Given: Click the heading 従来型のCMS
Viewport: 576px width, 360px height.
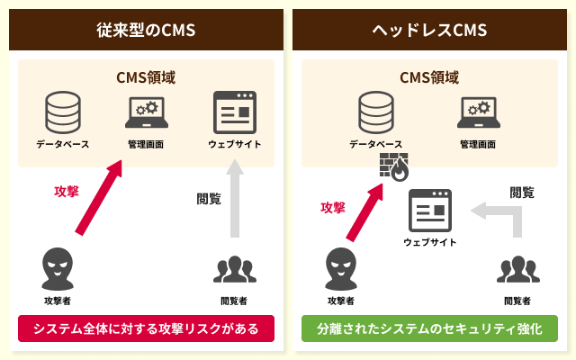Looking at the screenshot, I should (146, 31).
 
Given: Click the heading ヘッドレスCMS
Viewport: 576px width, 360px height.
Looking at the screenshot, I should (429, 31).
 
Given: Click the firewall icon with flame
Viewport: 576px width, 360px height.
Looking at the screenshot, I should (393, 168).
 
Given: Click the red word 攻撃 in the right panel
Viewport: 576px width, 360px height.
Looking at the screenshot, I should (333, 207).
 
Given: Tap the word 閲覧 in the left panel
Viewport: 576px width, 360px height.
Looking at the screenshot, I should (209, 199).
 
